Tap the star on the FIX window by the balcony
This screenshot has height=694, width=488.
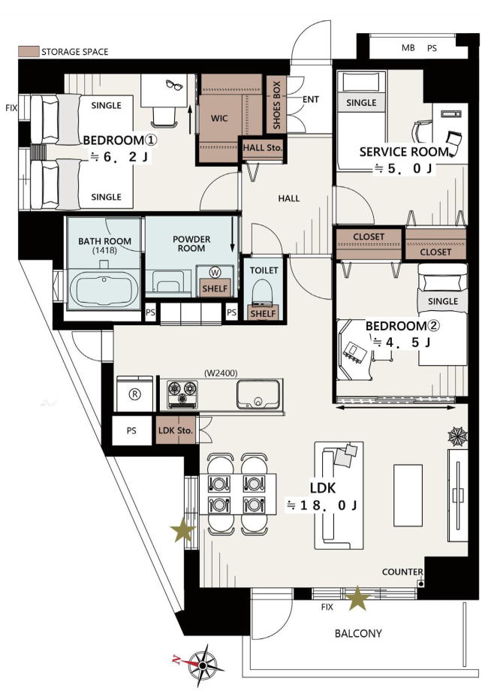(357, 599)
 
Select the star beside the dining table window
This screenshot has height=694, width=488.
(182, 530)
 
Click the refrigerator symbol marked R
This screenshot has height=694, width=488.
(134, 394)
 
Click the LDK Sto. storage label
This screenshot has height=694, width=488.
(176, 430)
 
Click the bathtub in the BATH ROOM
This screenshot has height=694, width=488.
(104, 287)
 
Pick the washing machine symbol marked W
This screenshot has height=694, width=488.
(215, 273)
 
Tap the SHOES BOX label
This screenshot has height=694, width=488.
(276, 105)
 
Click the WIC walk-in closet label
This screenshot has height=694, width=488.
(219, 118)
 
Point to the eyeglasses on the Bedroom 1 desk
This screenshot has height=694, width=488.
(174, 85)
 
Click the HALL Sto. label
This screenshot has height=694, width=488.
(262, 148)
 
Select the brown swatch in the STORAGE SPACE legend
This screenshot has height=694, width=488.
(29, 51)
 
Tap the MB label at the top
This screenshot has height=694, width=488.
(408, 47)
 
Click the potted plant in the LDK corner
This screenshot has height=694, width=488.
(458, 436)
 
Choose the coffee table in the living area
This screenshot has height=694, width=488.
(408, 495)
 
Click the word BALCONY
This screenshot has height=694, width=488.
(358, 633)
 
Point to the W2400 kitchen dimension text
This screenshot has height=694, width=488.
(221, 373)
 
